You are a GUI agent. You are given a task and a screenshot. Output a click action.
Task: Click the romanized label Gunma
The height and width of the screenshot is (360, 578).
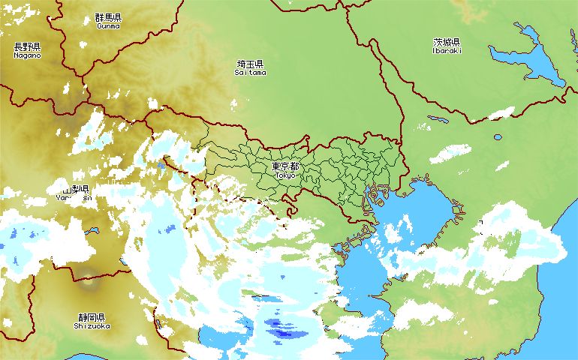click(107, 25)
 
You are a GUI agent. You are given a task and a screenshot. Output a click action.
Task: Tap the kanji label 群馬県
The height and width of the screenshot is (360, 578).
click(107, 16)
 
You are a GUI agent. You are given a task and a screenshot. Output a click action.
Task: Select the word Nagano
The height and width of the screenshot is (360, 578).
click(27, 55)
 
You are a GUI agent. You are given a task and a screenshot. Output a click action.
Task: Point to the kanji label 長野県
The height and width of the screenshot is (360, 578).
click(27, 46)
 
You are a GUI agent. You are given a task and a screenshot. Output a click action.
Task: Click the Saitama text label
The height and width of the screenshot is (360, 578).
click(250, 73)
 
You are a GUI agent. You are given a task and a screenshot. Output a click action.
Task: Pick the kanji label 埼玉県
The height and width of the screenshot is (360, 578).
click(250, 64)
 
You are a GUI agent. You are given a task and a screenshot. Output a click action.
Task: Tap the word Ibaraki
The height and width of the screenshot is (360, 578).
click(447, 51)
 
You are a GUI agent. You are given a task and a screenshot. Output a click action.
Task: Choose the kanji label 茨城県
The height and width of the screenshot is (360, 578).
click(447, 42)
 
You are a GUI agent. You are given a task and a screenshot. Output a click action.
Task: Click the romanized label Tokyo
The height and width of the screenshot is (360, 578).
click(285, 175)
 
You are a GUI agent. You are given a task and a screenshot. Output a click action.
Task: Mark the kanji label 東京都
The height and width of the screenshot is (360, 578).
click(285, 166)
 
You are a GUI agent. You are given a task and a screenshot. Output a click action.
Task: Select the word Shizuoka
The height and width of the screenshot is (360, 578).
click(92, 326)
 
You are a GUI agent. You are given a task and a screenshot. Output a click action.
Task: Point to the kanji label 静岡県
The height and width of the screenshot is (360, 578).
click(92, 317)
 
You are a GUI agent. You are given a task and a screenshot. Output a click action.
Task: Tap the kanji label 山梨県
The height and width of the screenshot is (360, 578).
click(75, 189)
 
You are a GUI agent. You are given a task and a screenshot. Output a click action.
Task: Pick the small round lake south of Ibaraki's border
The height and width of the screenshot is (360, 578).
click(498, 138)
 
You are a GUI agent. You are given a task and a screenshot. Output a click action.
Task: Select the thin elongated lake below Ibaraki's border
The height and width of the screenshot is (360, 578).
click(438, 118)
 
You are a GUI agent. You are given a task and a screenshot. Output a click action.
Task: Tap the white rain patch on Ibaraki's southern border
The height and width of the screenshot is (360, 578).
click(501, 113)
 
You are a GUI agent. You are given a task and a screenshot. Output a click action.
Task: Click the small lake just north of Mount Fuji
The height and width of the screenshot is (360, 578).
click(92, 231)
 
